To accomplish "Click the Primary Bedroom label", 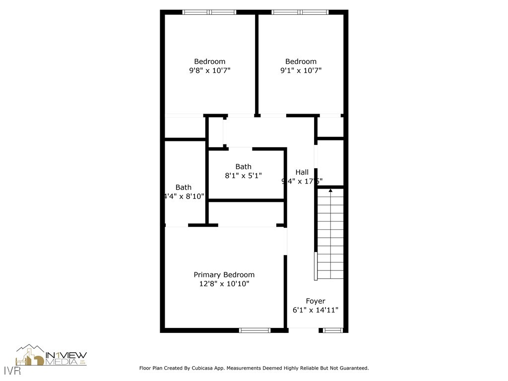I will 224,275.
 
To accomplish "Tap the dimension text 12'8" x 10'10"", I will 224,284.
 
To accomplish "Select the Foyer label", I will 316,301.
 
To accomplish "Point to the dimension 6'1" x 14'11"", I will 316,310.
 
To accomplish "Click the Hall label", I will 302,172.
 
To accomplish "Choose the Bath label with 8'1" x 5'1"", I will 243,167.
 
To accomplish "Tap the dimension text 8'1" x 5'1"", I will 243,176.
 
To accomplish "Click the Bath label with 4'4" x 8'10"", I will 183,188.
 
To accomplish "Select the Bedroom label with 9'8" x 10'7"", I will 209,62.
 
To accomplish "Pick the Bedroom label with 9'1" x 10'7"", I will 301,62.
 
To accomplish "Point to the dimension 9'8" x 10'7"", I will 209,70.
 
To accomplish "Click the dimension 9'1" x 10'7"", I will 301,70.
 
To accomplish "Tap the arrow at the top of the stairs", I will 330,190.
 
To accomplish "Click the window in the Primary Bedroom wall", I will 254,330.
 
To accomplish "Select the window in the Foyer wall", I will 333,330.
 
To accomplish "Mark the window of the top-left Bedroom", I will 209,12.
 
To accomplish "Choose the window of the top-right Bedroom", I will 300,12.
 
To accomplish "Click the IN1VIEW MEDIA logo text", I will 66,358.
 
